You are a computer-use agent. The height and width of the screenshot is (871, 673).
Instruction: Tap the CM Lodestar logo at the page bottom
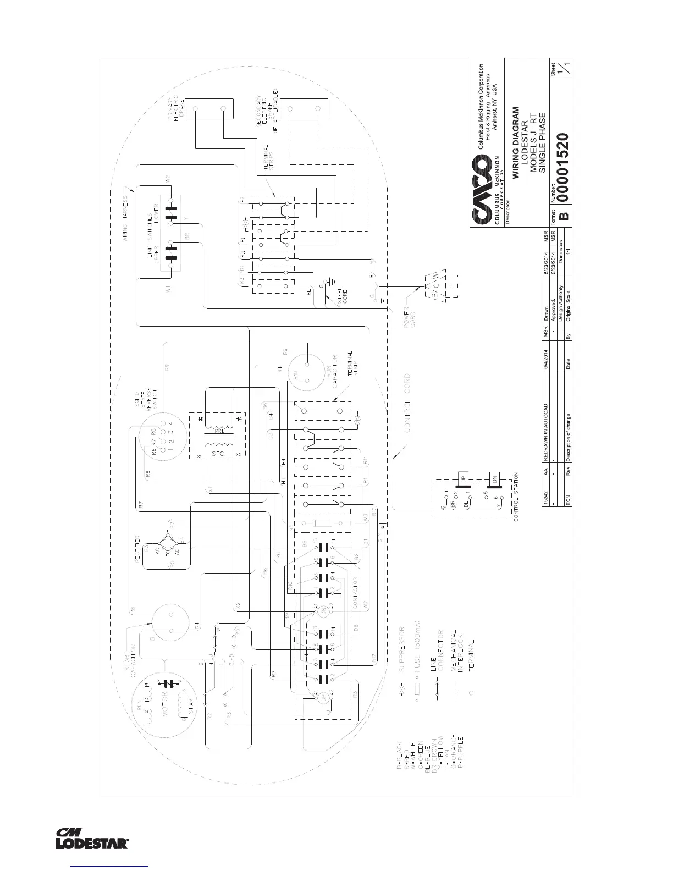click(x=93, y=838)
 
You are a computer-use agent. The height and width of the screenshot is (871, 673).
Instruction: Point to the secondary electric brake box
click(x=304, y=108)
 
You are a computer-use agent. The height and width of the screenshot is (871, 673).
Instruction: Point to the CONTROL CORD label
click(x=407, y=410)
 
